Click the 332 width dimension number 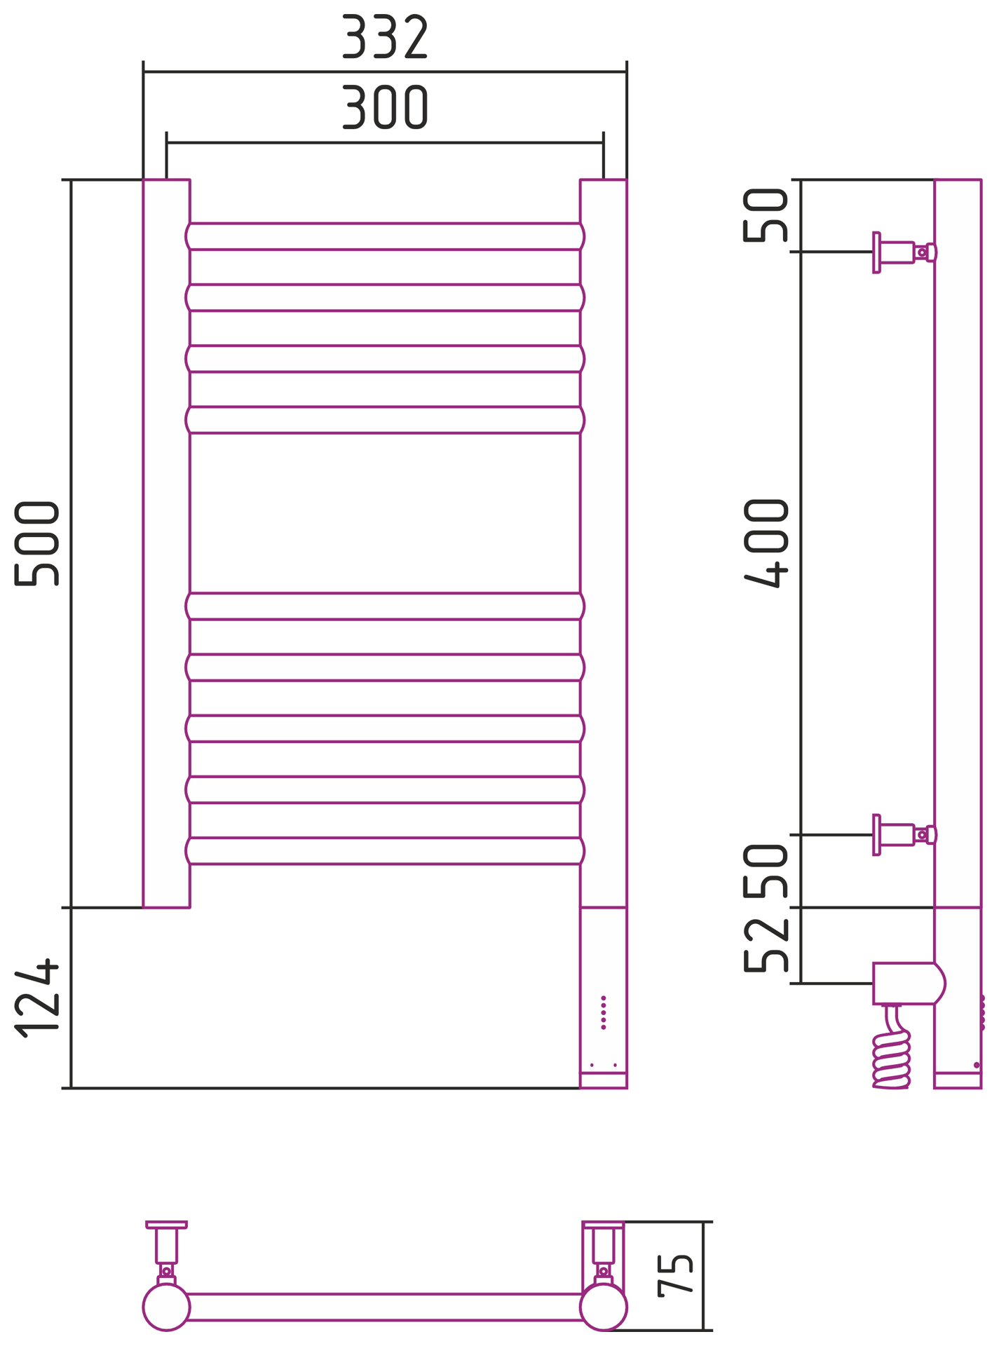pyautogui.click(x=385, y=36)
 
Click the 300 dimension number pyautogui.click(x=385, y=107)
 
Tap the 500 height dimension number pyautogui.click(x=37, y=543)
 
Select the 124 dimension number pyautogui.click(x=37, y=998)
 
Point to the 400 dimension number pyautogui.click(x=767, y=543)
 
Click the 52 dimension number pyautogui.click(x=767, y=946)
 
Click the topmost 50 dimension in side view pyautogui.click(x=767, y=216)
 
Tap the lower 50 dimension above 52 pyautogui.click(x=767, y=871)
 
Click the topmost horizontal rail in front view pyautogui.click(x=385, y=237)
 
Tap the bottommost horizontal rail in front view pyautogui.click(x=385, y=851)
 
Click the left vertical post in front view pyautogui.click(x=166, y=543)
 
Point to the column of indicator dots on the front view pyautogui.click(x=604, y=1013)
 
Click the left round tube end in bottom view pyautogui.click(x=166, y=1307)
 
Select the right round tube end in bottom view pyautogui.click(x=604, y=1307)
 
